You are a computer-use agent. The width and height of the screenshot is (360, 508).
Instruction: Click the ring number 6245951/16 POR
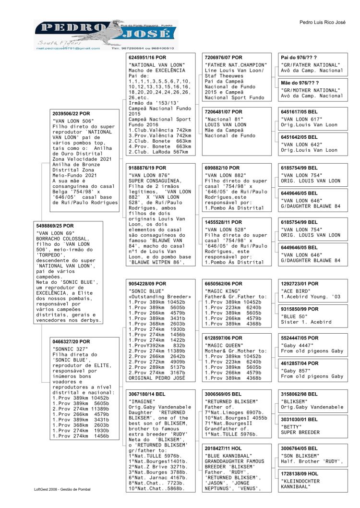(148, 58)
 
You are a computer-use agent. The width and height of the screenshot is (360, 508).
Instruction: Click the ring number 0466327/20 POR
(71, 341)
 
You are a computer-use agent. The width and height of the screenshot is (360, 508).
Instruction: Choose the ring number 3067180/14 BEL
(147, 394)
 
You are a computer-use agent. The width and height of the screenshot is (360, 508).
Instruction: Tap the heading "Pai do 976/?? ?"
(299, 58)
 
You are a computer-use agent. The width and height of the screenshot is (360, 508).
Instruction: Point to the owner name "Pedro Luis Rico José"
(322, 23)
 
